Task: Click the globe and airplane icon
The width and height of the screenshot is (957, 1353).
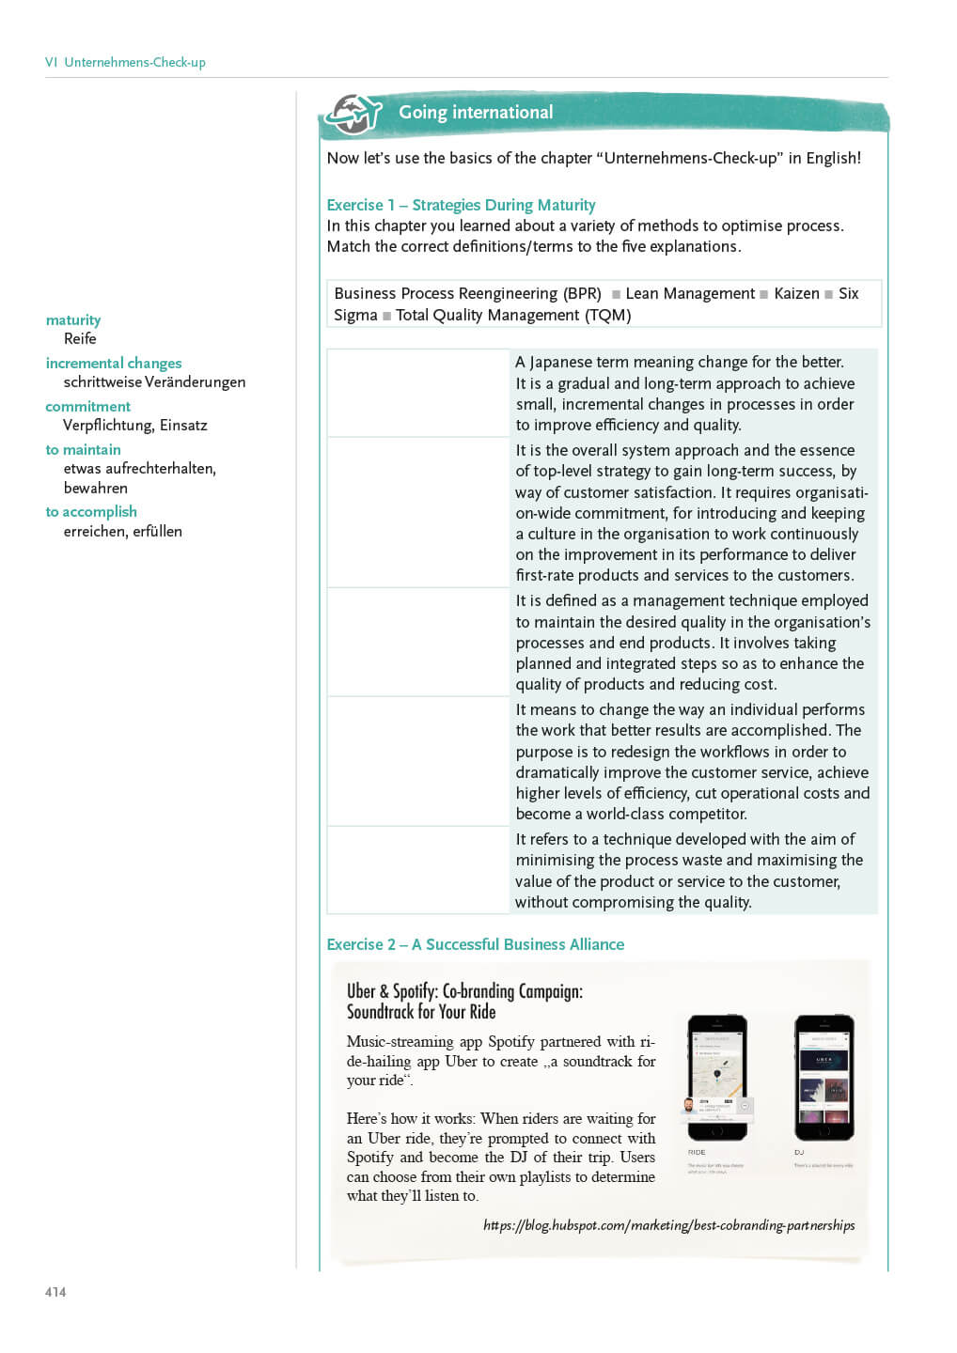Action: (x=353, y=115)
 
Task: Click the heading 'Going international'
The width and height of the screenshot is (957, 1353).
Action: (x=476, y=112)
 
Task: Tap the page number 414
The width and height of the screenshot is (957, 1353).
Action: (x=55, y=1292)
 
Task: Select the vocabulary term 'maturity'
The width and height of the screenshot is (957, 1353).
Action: (x=73, y=319)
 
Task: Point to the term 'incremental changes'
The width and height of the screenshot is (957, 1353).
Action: (x=114, y=363)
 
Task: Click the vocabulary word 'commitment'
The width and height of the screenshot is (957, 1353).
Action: (x=88, y=406)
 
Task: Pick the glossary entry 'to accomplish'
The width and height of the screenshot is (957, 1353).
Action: (x=91, y=511)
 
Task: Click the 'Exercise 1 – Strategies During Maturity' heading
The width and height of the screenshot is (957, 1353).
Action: (x=461, y=205)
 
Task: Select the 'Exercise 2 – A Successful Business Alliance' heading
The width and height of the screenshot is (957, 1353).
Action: (x=475, y=944)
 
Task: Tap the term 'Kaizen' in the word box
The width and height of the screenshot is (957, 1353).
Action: (x=796, y=293)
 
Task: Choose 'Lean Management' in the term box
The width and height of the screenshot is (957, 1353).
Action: (x=690, y=293)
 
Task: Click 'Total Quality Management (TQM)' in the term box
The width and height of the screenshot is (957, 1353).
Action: (x=513, y=315)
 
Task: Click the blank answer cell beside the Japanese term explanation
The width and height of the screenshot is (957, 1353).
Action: (x=417, y=393)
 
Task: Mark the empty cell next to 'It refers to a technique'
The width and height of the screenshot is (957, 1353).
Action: (x=417, y=870)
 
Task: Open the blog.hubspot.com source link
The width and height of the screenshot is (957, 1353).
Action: (x=668, y=1225)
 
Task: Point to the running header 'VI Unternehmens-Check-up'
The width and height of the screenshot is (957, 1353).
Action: (x=125, y=62)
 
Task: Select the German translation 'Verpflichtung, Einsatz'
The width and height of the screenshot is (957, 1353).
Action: (x=134, y=425)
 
